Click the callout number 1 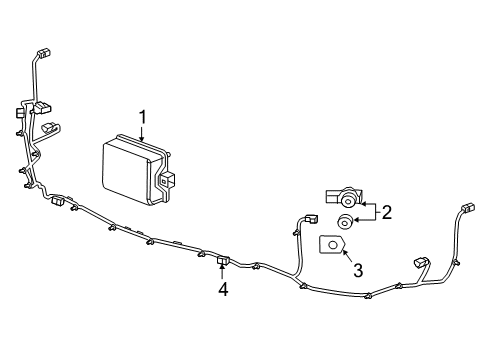(142, 117)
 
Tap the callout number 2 (385, 212)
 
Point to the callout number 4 (224, 289)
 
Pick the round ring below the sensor (345, 222)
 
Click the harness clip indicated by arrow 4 (222, 263)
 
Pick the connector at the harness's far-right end (467, 210)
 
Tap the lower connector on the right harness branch (418, 264)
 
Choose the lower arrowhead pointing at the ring (361, 221)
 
